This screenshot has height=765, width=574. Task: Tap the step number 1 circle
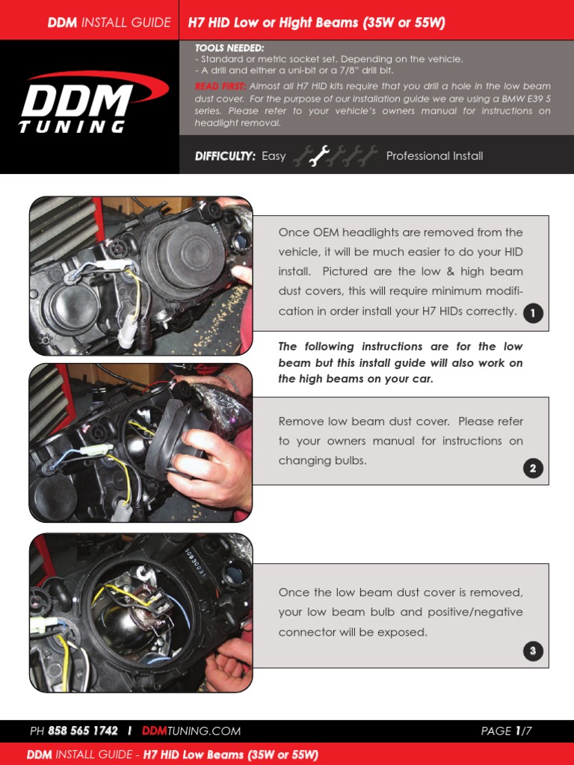click(x=532, y=314)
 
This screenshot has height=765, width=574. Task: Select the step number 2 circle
click(x=532, y=469)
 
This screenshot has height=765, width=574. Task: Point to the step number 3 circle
click(x=532, y=651)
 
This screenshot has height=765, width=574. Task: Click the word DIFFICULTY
click(x=225, y=156)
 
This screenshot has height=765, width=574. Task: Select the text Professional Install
click(x=434, y=156)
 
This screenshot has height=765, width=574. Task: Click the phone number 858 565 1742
click(x=82, y=731)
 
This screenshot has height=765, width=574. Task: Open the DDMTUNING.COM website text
click(x=191, y=731)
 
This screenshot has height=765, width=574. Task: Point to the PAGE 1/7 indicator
click(x=506, y=731)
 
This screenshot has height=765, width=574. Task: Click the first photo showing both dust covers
click(x=141, y=276)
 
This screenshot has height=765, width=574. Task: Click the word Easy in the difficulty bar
click(x=274, y=156)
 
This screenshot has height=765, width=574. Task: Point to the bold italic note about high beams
click(x=400, y=363)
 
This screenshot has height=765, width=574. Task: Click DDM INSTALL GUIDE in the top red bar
click(x=109, y=22)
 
